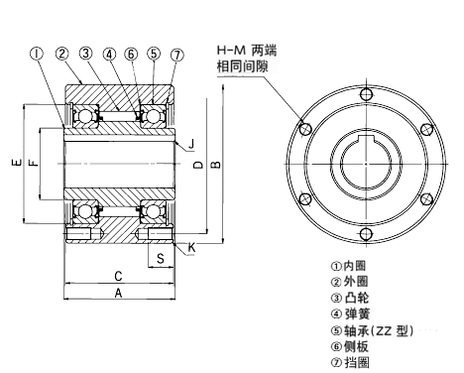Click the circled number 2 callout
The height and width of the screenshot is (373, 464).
point(61,54)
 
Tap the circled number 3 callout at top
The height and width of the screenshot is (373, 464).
point(87,54)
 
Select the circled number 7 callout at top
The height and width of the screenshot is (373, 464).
point(176,54)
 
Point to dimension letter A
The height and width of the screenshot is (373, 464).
point(119,294)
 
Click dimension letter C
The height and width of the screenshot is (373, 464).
point(118,275)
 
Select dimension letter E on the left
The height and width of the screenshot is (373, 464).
point(12,163)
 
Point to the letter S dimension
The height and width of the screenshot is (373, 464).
point(160,259)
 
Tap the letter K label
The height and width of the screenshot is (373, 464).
point(191,246)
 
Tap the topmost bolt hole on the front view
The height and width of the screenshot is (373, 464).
point(366,94)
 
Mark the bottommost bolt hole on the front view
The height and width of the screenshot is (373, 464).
point(366,233)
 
